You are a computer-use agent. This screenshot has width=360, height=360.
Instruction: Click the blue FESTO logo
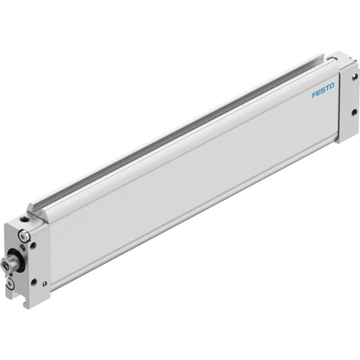tap(323, 90)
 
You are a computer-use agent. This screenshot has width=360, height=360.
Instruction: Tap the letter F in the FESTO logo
tap(314, 94)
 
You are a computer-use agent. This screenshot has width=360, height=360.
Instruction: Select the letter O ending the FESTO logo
tap(332, 86)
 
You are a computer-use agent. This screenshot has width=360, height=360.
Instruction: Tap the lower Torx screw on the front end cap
tap(10, 284)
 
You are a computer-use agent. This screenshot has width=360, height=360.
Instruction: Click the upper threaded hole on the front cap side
tap(34, 245)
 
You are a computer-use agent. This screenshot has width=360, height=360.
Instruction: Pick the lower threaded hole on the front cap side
tap(34, 281)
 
